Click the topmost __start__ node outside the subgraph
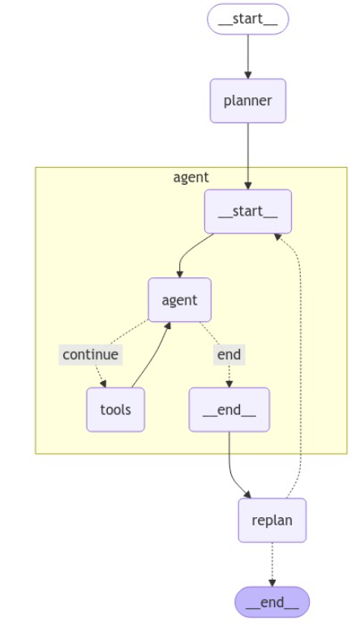[x=248, y=19]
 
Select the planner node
[x=248, y=101]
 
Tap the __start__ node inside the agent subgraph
[x=248, y=212]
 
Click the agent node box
[x=179, y=300]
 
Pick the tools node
[x=116, y=409]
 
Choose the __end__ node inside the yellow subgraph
[x=229, y=409]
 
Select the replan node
[x=272, y=520]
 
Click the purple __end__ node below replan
[x=272, y=601]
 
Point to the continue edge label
[x=91, y=354]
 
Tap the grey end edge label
[x=229, y=354]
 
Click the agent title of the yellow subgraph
[x=191, y=177]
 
